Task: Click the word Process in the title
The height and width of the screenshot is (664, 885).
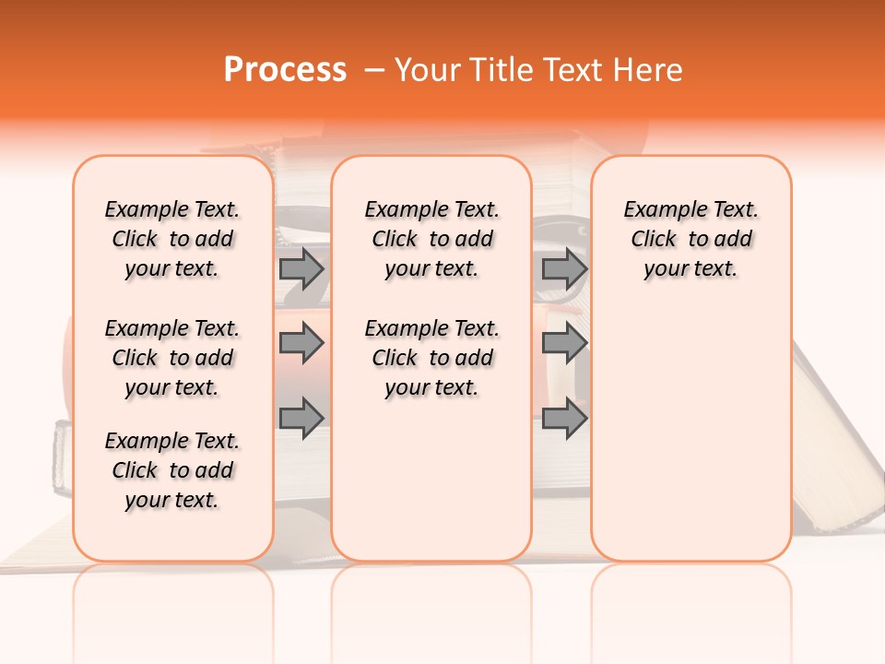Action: pyautogui.click(x=285, y=70)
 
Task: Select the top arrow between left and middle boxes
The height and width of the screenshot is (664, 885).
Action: pyautogui.click(x=301, y=268)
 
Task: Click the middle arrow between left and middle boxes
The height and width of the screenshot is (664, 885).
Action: pyautogui.click(x=301, y=344)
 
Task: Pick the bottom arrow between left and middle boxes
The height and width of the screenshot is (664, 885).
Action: pyautogui.click(x=301, y=419)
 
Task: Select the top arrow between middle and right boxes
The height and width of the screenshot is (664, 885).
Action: pyautogui.click(x=564, y=268)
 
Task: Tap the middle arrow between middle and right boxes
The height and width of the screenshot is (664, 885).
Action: pyautogui.click(x=564, y=344)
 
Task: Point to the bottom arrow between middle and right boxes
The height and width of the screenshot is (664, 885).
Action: pyautogui.click(x=564, y=419)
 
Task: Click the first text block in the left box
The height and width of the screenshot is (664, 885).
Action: pyautogui.click(x=172, y=239)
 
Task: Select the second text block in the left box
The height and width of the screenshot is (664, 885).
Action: pyautogui.click(x=172, y=358)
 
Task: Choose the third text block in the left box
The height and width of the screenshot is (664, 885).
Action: pyautogui.click(x=172, y=470)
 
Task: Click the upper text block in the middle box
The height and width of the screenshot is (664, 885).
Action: pyautogui.click(x=431, y=239)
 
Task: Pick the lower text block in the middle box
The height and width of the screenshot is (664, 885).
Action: pyautogui.click(x=431, y=358)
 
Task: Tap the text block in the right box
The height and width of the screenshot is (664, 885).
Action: pyautogui.click(x=690, y=239)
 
